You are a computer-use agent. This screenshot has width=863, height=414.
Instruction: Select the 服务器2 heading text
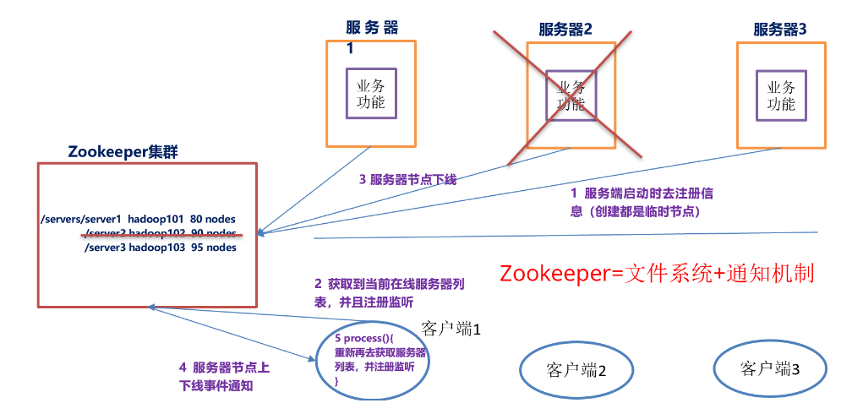[565, 29]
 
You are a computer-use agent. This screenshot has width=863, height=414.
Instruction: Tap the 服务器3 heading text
[780, 29]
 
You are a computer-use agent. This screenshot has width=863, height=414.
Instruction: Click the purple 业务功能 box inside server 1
[371, 93]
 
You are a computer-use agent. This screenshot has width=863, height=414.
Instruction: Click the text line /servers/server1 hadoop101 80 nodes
[138, 219]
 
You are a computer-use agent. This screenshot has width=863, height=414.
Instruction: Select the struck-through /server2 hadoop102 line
[161, 233]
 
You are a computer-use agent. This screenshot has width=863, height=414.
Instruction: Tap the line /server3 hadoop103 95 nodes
[160, 248]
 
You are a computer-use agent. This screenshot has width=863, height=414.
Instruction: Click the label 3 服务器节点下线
[407, 179]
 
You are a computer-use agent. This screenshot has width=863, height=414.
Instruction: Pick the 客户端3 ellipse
[769, 368]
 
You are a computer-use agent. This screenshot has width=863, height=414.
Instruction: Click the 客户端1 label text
[451, 327]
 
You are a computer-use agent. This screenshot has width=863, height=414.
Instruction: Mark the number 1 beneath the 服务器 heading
[350, 48]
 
